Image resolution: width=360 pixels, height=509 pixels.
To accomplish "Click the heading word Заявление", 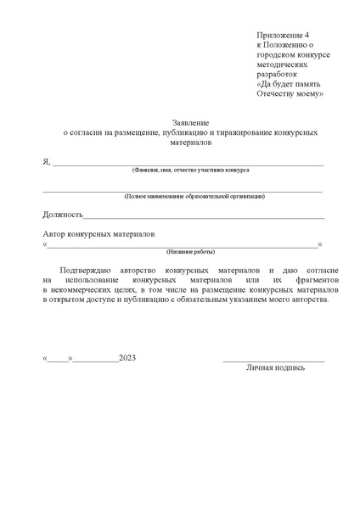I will [185, 123].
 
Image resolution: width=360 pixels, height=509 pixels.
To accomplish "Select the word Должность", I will [61, 215].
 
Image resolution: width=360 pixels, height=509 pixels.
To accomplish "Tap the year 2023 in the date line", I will [128, 358].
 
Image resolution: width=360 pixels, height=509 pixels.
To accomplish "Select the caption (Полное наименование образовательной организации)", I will [194, 196].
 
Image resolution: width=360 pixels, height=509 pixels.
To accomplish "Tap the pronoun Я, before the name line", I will [46, 161].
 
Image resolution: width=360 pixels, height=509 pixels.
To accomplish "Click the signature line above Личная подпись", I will [273, 361].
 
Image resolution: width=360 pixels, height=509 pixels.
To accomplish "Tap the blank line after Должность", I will [204, 218].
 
